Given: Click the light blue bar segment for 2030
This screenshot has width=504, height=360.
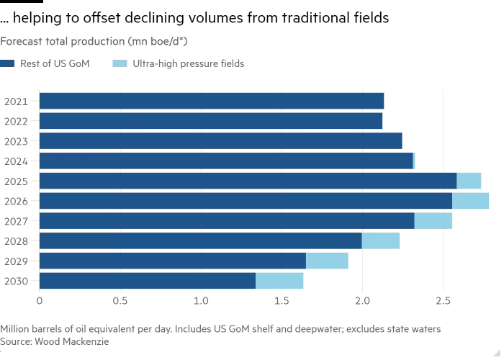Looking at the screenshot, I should pos(279,281).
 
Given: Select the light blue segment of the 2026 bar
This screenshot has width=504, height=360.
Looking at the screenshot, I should pos(470,201).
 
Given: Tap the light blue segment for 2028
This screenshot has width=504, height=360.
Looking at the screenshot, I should pos(380,241).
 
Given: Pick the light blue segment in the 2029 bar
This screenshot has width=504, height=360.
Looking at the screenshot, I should pos(327,261).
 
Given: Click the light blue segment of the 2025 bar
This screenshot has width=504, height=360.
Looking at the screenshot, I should pos(469,181).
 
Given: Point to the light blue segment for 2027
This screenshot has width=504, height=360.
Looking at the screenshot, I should pos(433,221).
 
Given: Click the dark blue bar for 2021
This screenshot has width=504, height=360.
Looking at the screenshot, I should pos(212,101).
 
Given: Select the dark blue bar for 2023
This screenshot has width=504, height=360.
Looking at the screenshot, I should pos(220,140).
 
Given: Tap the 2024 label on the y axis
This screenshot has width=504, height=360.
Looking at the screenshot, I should pos(15,161).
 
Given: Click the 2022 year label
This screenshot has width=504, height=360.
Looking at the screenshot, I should pos(15,121).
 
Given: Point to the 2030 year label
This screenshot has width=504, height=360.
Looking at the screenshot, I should pos(15,282).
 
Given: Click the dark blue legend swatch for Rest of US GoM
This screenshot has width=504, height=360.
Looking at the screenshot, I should pos(7,63).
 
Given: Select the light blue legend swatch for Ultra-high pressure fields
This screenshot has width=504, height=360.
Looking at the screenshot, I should pos(120,63).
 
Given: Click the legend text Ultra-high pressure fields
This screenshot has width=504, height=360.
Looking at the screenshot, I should pos(188,63).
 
